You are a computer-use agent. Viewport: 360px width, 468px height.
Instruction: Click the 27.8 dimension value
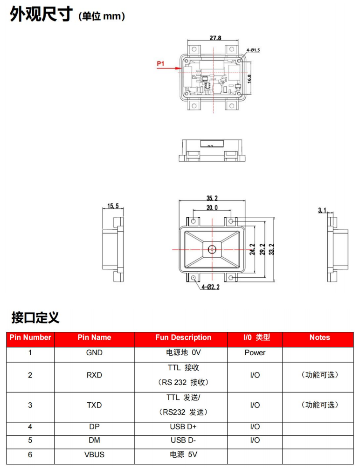pyautogui.click(x=215, y=38)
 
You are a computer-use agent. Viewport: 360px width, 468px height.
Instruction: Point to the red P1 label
pyautogui.click(x=160, y=63)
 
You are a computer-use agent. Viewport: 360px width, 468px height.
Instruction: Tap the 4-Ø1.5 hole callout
pyautogui.click(x=253, y=50)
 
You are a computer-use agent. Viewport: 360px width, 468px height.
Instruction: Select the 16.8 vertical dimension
pyautogui.click(x=249, y=79)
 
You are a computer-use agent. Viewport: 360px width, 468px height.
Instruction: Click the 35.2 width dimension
pyautogui.click(x=212, y=198)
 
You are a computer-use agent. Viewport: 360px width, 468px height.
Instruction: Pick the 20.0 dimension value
pyautogui.click(x=212, y=208)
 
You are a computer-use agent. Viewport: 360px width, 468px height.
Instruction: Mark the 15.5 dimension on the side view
pyautogui.click(x=113, y=206)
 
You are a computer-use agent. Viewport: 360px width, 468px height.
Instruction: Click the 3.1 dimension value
pyautogui.click(x=322, y=210)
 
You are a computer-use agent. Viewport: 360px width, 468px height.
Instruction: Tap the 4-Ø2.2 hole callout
pyautogui.click(x=210, y=287)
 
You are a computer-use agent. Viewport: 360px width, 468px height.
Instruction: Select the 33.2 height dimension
pyautogui.click(x=271, y=249)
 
